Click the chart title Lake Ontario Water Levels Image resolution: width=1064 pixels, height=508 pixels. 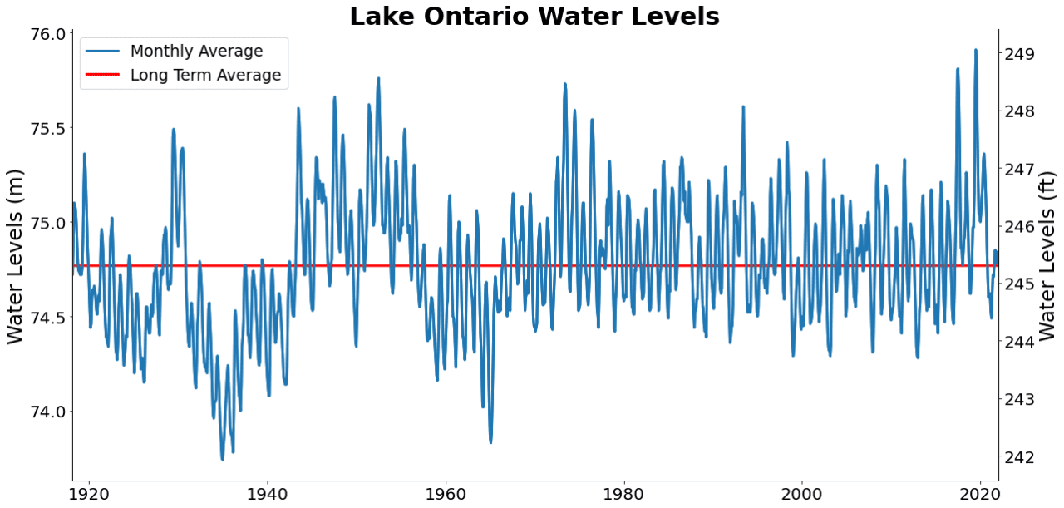tap(534, 17)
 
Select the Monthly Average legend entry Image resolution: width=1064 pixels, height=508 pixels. tap(196, 52)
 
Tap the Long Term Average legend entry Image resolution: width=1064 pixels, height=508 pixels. tap(205, 76)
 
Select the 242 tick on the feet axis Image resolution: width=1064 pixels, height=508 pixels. tap(1019, 457)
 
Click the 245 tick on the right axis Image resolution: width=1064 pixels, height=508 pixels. tap(1019, 284)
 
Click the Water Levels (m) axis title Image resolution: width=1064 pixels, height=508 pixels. tap(16, 256)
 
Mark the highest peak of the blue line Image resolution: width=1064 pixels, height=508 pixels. tap(976, 50)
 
